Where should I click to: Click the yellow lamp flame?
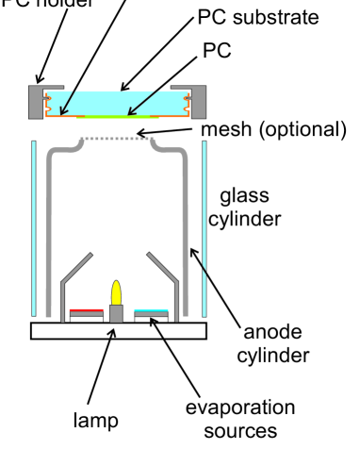(x=118, y=292)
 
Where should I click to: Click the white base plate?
(x=118, y=330)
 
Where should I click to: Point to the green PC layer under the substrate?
(x=119, y=117)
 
